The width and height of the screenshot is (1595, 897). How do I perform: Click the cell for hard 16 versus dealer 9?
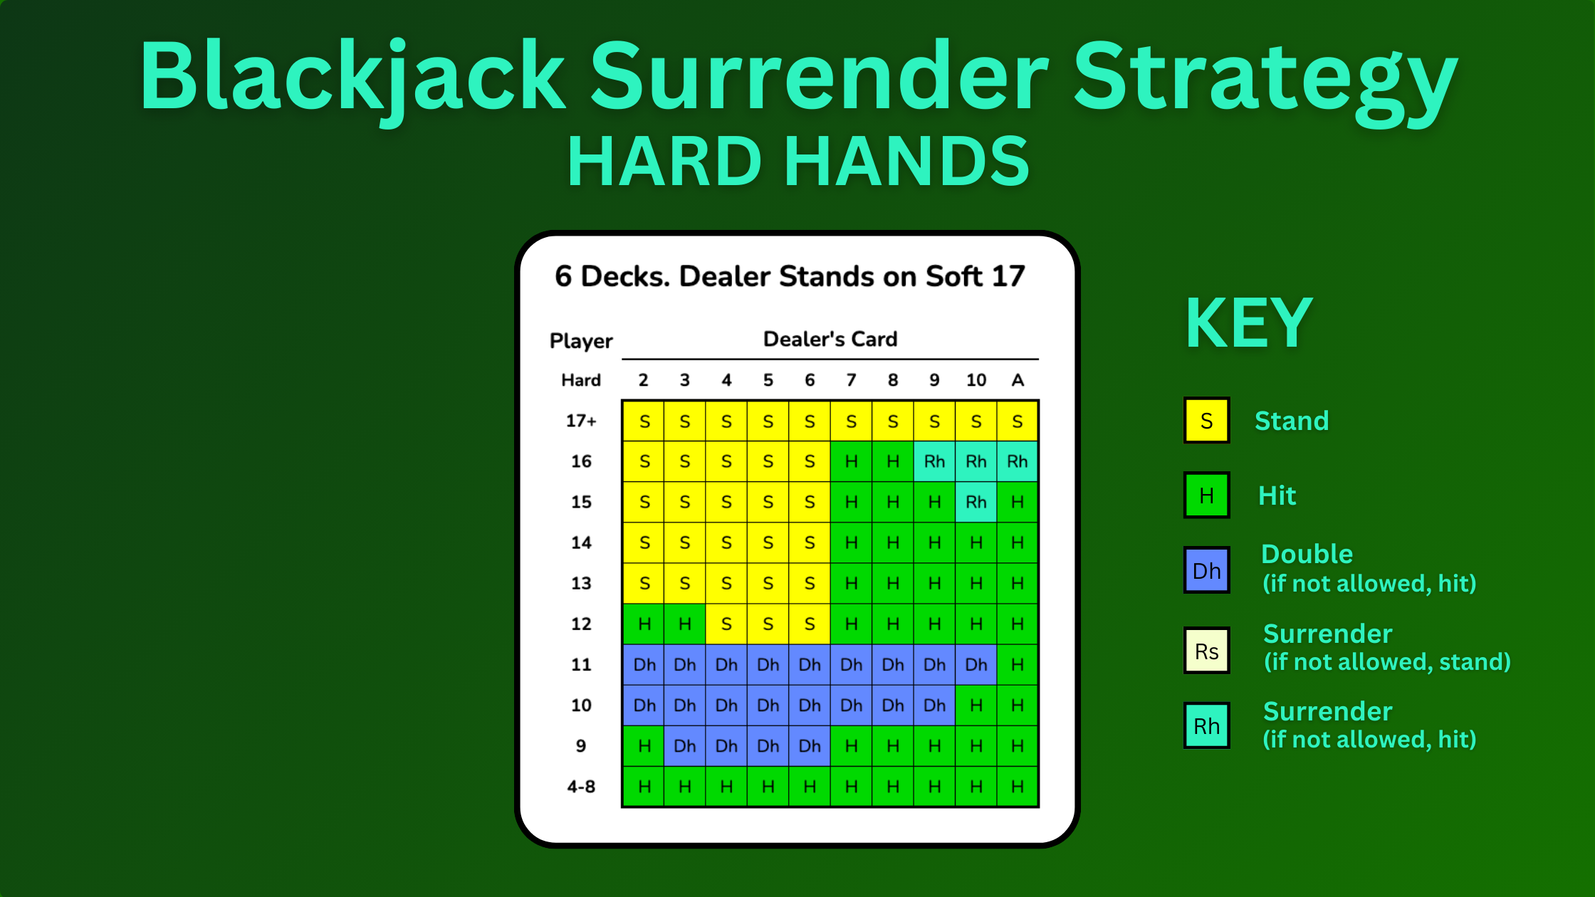934,461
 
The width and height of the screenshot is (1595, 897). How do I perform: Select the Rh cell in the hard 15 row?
976,502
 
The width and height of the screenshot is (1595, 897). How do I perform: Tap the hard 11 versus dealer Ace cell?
1018,665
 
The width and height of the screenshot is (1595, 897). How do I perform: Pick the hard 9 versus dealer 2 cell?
644,746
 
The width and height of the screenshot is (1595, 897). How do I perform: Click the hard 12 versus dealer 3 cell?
685,624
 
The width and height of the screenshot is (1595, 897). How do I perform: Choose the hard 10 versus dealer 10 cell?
976,705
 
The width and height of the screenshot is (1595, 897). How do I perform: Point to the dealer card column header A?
1018,380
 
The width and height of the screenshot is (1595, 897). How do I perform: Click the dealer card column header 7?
851,380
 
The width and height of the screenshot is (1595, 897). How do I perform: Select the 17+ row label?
581,421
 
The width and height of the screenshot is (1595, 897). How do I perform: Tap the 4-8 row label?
581,787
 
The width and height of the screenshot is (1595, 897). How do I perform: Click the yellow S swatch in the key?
1206,421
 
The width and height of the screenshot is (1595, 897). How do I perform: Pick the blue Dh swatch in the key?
1206,570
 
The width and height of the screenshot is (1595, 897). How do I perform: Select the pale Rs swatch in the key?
1206,651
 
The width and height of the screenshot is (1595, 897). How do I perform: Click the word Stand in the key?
1292,421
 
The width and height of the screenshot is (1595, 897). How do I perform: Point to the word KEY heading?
1249,323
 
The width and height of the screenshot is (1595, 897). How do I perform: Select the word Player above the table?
581,341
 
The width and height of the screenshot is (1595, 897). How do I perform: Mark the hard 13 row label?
581,583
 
